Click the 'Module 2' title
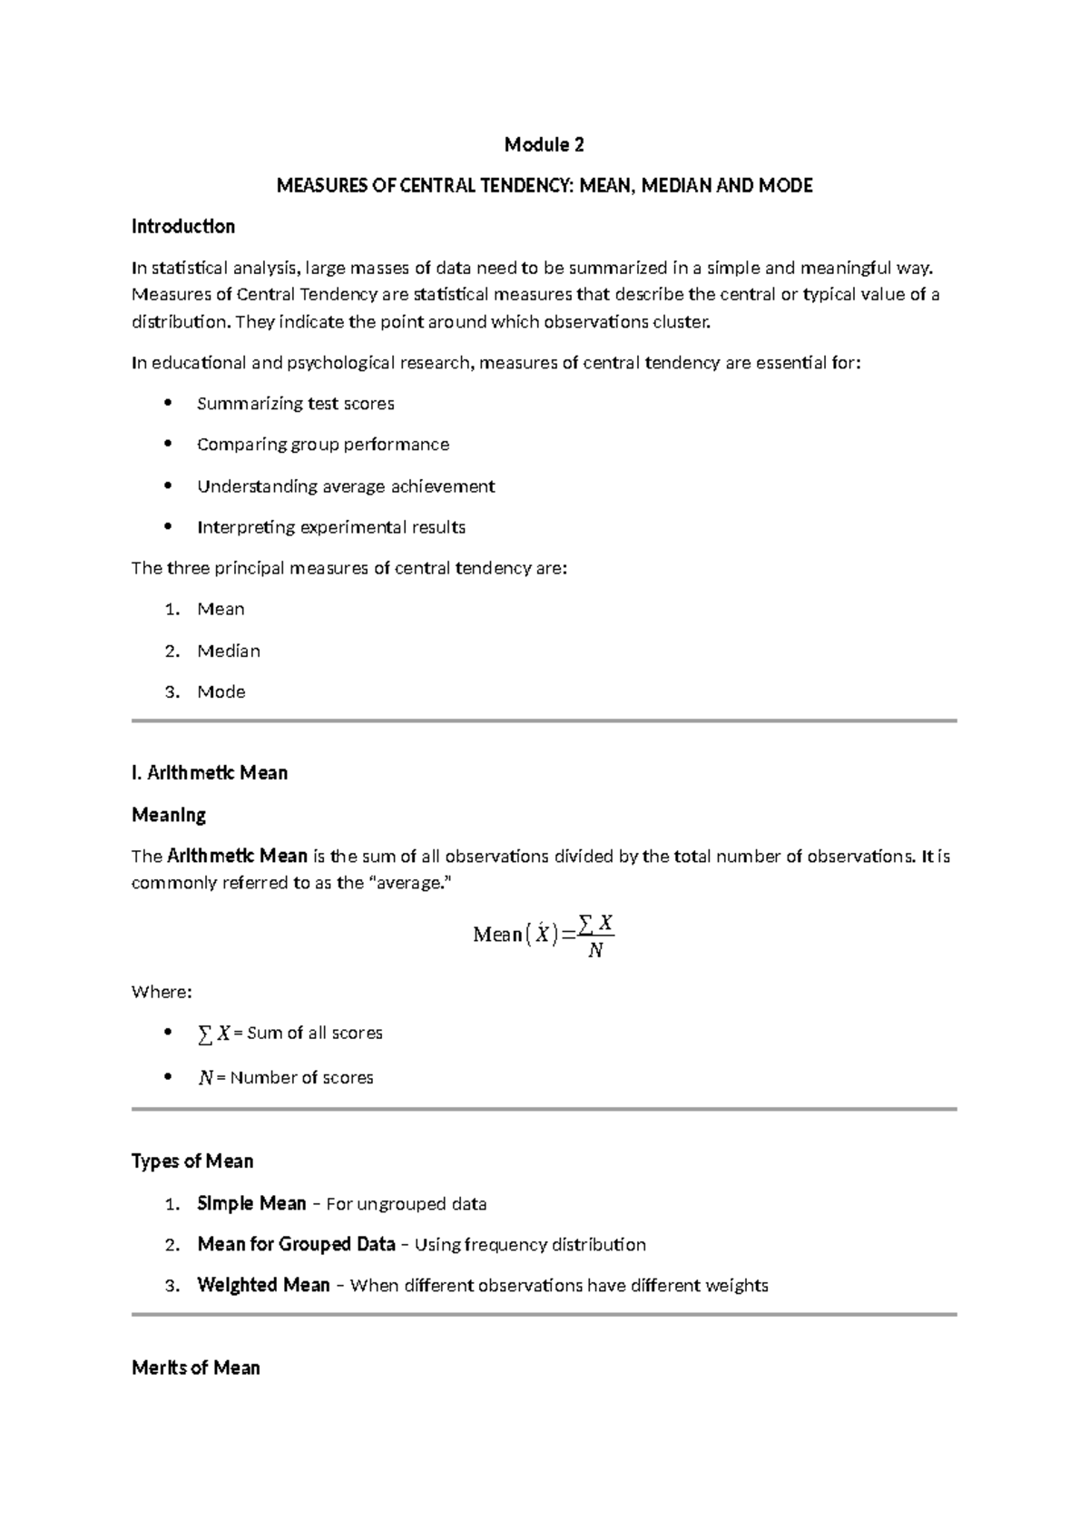(x=544, y=145)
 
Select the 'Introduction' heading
(x=183, y=227)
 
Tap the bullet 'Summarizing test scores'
(x=295, y=404)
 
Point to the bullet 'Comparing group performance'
(x=322, y=445)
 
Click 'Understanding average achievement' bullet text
(x=346, y=486)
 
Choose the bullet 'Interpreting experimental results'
(x=331, y=527)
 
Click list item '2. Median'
(x=228, y=651)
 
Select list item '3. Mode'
(x=221, y=691)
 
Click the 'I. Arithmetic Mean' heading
(x=210, y=773)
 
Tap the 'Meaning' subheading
(x=169, y=815)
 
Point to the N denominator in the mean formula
(x=595, y=951)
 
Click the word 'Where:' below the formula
(x=162, y=992)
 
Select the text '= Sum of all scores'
(x=309, y=1034)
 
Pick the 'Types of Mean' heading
(x=192, y=1162)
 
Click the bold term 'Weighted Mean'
(x=263, y=1285)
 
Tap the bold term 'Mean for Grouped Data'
(x=296, y=1244)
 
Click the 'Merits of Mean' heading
(x=196, y=1368)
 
